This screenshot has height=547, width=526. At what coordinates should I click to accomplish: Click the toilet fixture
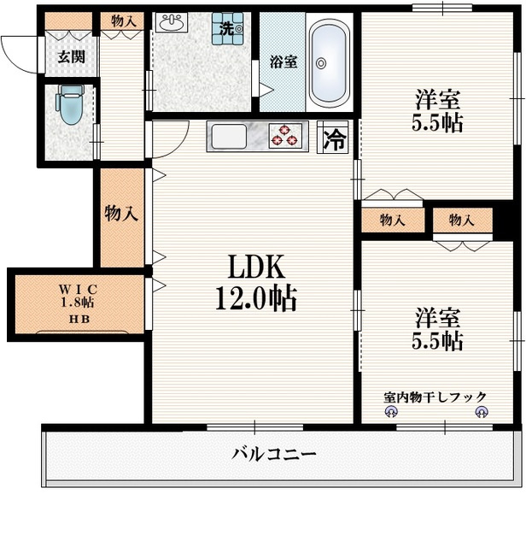pos(69,104)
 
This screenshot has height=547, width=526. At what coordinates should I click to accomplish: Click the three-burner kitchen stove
pos(286,136)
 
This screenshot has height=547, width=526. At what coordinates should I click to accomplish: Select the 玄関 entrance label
pos(70,58)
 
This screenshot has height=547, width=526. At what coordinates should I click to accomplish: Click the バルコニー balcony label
pos(274,453)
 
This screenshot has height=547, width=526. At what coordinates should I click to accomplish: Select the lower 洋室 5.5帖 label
pos(439,330)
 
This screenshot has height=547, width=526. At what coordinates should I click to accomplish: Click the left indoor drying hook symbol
pos(391,413)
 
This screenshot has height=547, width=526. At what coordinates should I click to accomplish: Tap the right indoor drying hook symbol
pos(481,413)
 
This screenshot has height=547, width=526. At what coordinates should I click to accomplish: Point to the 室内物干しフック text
pos(435,397)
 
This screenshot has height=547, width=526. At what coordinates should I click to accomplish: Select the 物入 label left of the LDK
pos(121,215)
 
